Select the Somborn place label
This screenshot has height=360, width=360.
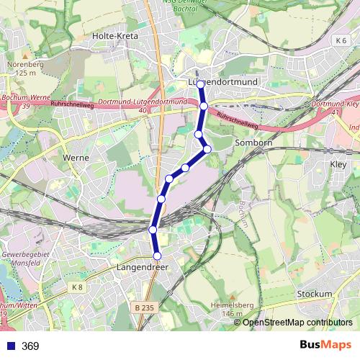click(252, 143)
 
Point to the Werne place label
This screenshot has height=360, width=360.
click(76, 157)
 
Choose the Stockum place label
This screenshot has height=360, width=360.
click(314, 294)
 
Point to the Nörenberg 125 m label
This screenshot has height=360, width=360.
click(25, 68)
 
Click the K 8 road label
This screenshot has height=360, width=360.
click(78, 287)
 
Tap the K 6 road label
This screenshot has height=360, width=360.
click(341, 41)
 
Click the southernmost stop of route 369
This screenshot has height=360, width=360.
click(157, 256)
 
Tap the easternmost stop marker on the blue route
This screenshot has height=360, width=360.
click(207, 149)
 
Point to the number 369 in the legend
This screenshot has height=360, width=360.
click(30, 346)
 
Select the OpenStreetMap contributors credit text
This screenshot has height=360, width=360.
click(297, 323)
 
